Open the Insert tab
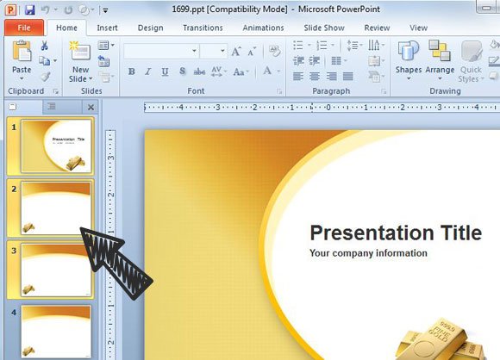coord(108,28)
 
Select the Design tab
coord(150,28)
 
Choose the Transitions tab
coord(203,28)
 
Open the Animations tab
coord(263,28)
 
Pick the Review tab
coord(377,28)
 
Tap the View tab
coord(419,28)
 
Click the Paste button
coord(22,59)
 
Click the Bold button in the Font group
coord(132,71)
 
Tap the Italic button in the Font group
coord(148,71)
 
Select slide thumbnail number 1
coord(56,146)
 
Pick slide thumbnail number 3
coord(56,270)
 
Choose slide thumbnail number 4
coord(56,331)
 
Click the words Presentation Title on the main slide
coord(396,233)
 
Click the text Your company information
coord(368,253)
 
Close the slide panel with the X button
coord(91,107)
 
